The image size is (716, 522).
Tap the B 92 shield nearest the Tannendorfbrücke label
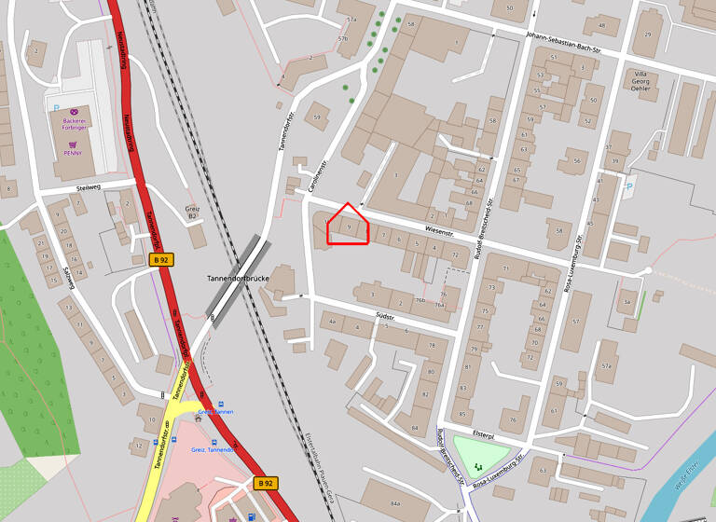point(161,259)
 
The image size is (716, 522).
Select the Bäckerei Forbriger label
point(74,127)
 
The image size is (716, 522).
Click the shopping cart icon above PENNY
point(73,143)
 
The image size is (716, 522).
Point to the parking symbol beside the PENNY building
point(56,108)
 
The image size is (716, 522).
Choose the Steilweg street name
point(89,188)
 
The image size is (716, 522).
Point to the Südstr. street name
point(385,318)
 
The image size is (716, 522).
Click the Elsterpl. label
point(483,434)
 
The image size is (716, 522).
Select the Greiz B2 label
point(193,212)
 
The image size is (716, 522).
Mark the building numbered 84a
point(395,503)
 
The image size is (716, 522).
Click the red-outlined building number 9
point(349,227)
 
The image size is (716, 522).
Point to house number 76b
point(420,300)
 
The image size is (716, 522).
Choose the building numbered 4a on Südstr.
point(332,321)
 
